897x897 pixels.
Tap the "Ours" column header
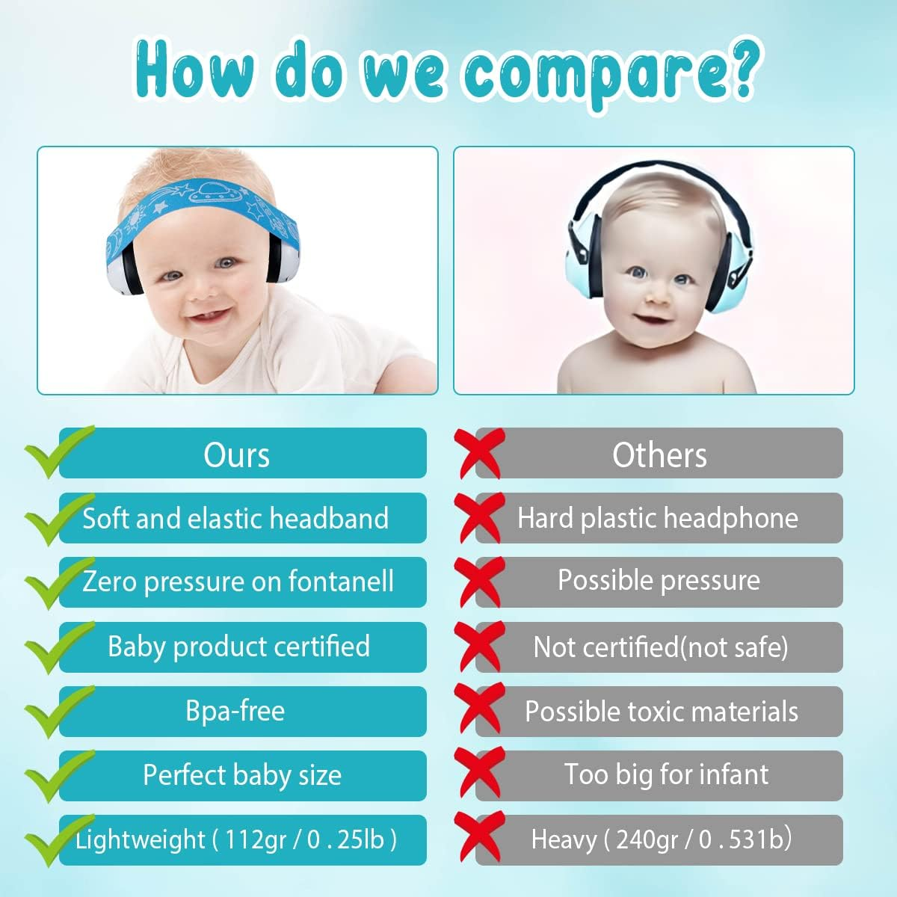pos(236,454)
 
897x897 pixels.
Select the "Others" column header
pos(659,454)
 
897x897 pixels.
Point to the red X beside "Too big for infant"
pos(480,774)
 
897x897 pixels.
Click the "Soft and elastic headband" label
pos(235,518)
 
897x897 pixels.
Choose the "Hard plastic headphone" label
pos(658,518)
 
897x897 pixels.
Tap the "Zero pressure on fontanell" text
pos(238,582)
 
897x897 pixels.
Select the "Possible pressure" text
pos(659,581)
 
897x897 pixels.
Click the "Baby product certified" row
pos(238,647)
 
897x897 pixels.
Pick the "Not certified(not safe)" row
pos(660,647)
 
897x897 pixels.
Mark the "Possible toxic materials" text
pos(661,712)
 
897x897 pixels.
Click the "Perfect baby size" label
pos(242,775)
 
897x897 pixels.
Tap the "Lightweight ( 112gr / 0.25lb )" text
pos(236,839)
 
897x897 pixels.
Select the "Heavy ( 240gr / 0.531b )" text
pos(661,839)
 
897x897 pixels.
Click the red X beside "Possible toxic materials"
pos(480,710)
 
